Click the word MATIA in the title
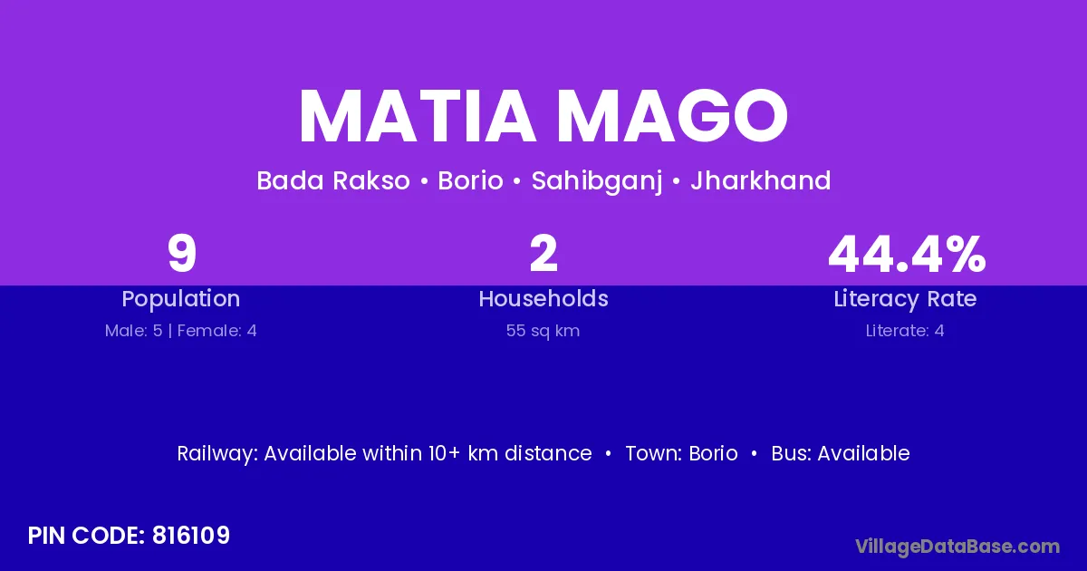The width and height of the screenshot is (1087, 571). click(418, 116)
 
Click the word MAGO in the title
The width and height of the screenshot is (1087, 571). click(672, 116)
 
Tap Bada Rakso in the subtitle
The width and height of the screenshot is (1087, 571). click(333, 180)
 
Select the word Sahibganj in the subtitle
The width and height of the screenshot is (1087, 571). click(597, 181)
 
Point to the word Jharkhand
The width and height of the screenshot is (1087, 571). click(760, 180)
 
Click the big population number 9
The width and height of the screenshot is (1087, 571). click(181, 254)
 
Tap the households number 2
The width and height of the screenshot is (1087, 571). click(543, 253)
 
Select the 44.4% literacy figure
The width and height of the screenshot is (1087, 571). click(907, 254)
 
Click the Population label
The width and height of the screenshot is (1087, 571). click(181, 299)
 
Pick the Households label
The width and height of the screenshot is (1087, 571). click(543, 298)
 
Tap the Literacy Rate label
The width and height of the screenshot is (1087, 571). click(905, 299)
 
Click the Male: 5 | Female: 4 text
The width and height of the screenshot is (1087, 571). click(181, 331)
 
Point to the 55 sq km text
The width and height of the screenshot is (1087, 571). click(543, 331)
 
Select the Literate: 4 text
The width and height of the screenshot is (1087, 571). click(905, 331)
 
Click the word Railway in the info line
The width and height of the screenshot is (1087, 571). click(216, 454)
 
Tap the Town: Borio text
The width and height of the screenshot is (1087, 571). click(681, 453)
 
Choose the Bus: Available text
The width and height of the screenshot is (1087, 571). click(841, 453)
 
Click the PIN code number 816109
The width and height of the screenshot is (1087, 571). click(191, 536)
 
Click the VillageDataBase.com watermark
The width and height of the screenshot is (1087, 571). click(957, 547)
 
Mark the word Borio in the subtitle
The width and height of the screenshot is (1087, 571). click(470, 180)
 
